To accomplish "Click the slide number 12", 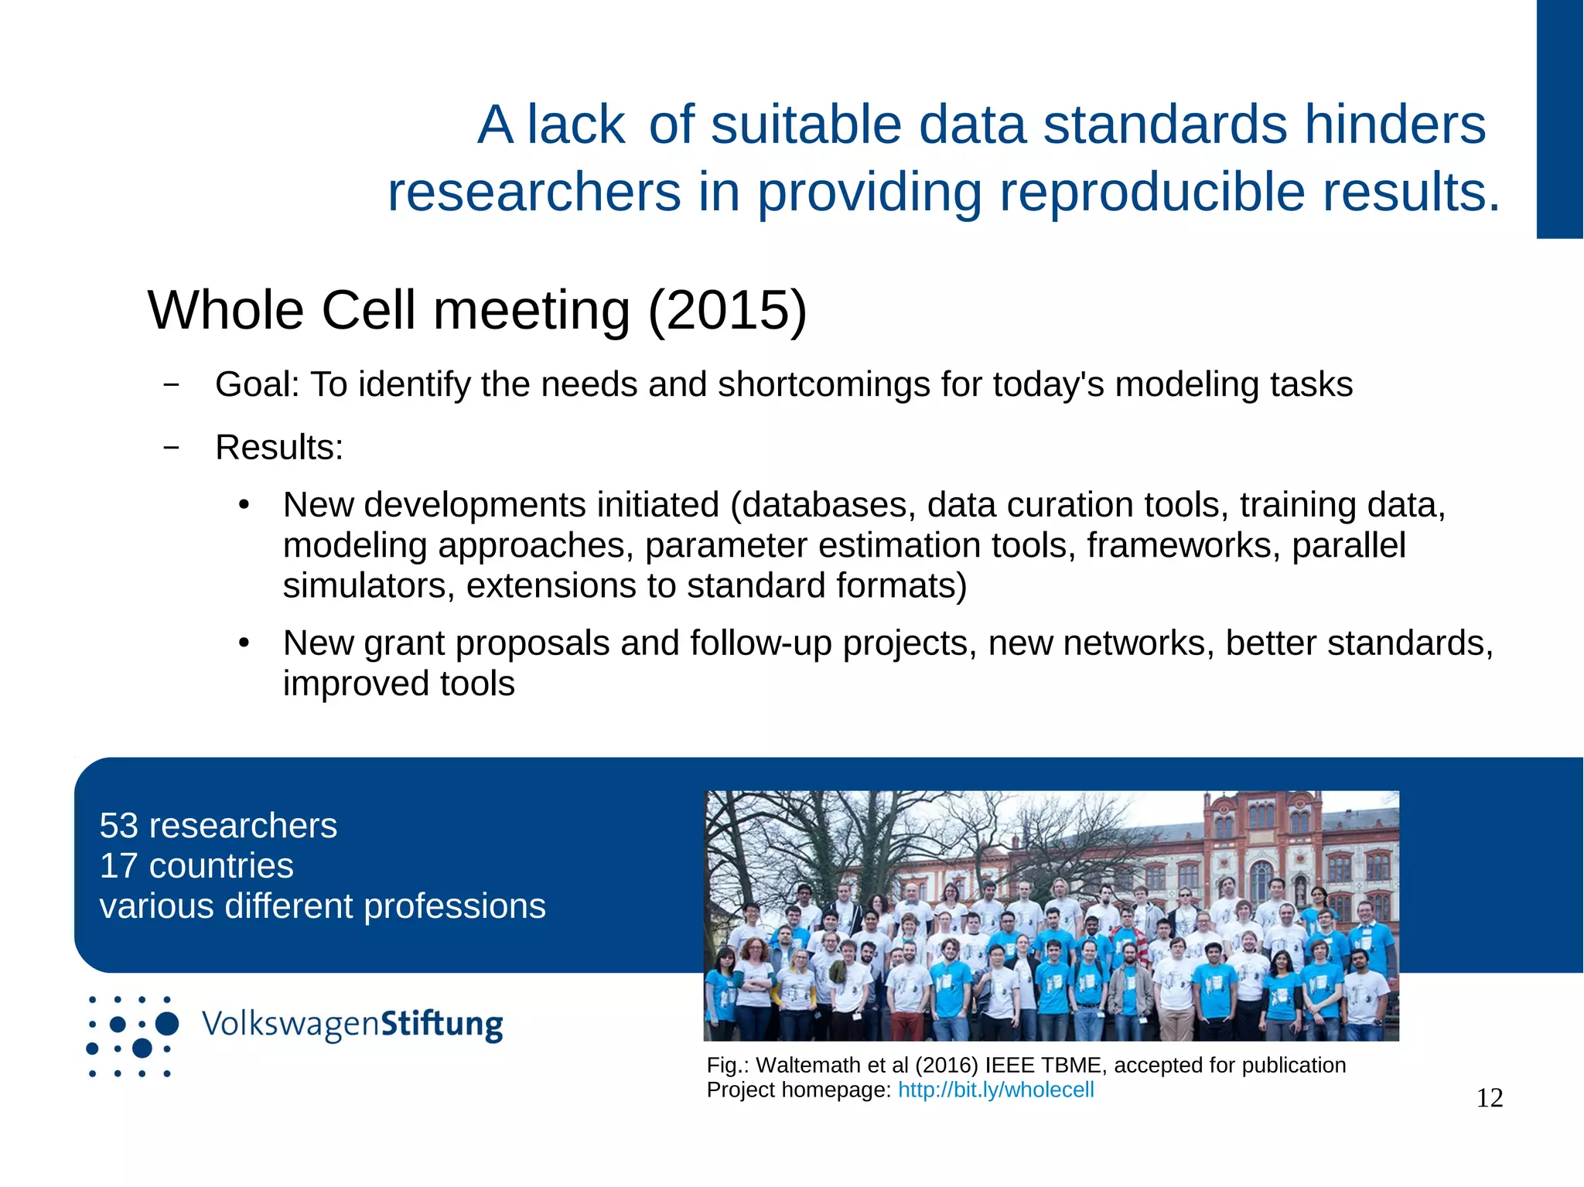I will click(1489, 1098).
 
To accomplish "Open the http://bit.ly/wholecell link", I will click(995, 1090).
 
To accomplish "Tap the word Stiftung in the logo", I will click(442, 1024).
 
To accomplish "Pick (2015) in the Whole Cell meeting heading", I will click(727, 311).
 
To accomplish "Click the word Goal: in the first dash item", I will click(258, 384).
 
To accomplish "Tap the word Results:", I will click(279, 448).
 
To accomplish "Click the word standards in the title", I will click(1166, 125).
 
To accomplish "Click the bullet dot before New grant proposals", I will click(244, 643).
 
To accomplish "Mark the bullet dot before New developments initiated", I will click(244, 506).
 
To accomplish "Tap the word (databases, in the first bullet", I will click(823, 506).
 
